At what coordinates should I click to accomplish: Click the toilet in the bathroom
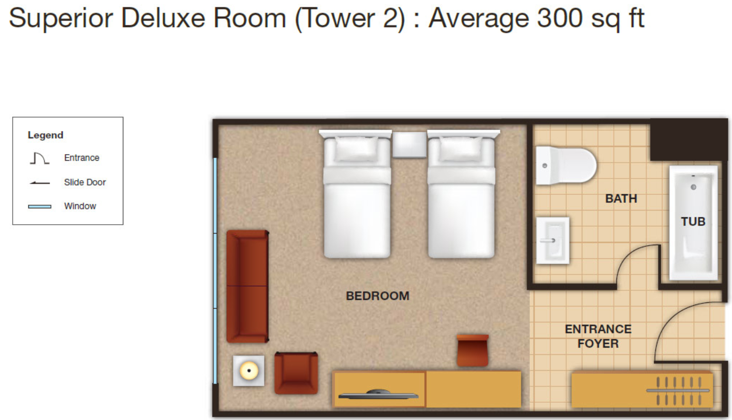pos(566,165)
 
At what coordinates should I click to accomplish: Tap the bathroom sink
pos(552,240)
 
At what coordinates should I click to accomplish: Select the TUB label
pos(693,222)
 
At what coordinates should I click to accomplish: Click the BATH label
pos(621,198)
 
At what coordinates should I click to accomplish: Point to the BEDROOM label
pos(378,296)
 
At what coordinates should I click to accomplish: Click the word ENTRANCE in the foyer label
pos(598,329)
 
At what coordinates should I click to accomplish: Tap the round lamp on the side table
pos(249,371)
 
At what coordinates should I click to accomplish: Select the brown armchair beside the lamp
pos(296,373)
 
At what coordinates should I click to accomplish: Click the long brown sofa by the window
pos(248,287)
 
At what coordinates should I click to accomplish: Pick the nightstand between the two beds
pos(410,145)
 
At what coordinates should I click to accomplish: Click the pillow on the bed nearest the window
pos(356,149)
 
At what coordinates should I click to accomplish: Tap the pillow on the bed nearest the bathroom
pos(461,149)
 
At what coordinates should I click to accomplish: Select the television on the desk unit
pos(378,394)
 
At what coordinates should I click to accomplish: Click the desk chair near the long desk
pos(473,350)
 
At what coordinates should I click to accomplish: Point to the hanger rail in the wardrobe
pos(678,391)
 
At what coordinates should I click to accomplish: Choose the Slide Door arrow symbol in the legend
pos(39,183)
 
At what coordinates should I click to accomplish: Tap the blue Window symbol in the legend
pos(39,206)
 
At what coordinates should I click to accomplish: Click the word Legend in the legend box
pos(46,135)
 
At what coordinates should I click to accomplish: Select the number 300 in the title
pos(560,18)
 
